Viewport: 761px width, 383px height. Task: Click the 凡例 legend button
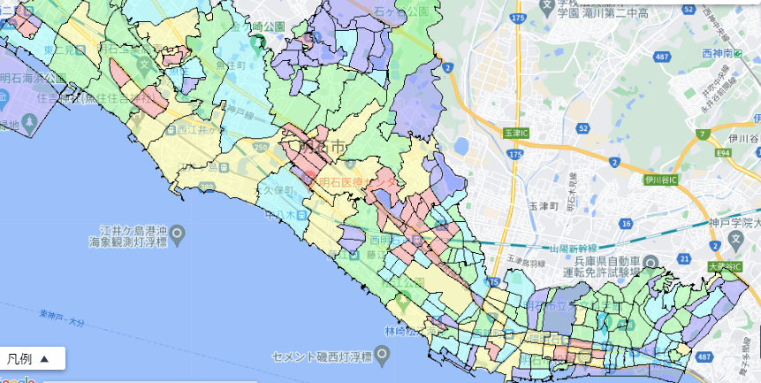[x=34, y=358]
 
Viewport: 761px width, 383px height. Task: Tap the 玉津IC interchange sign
[x=514, y=132]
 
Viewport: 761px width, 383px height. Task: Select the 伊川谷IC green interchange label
[x=660, y=180]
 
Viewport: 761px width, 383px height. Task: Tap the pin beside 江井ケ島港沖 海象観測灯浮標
[x=178, y=234]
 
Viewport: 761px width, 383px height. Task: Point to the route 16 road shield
[x=626, y=224]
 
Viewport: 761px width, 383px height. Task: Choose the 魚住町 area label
[x=235, y=65]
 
